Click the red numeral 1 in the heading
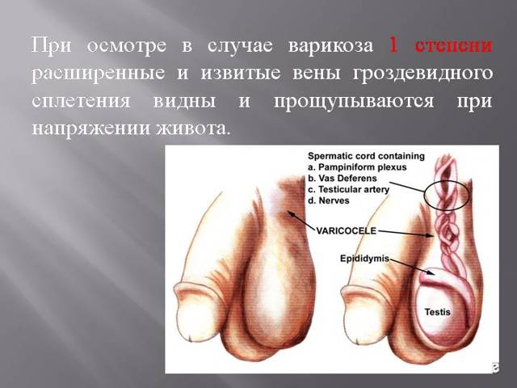[394, 44]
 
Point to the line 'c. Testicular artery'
[354, 190]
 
